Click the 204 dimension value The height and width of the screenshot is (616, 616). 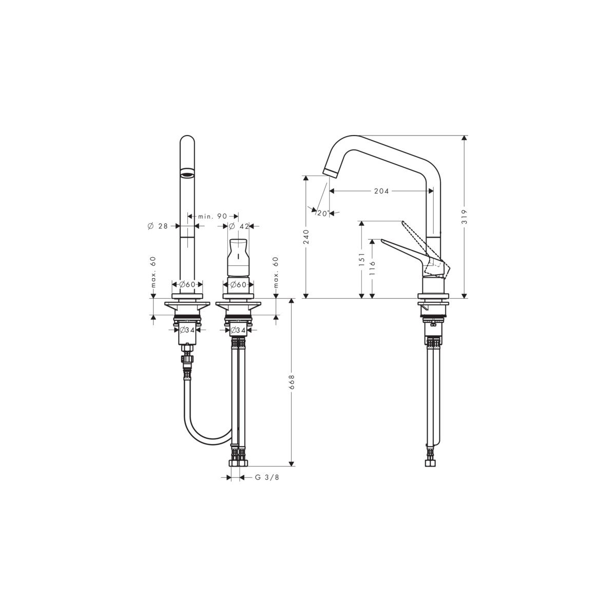coord(381,191)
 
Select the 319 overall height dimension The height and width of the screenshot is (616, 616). coord(464,217)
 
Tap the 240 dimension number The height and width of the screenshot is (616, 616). coord(306,236)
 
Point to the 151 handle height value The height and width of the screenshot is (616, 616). coord(361,259)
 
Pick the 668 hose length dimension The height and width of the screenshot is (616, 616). coord(292,382)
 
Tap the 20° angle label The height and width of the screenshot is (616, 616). coord(323,213)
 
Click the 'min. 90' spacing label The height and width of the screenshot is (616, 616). coord(213,217)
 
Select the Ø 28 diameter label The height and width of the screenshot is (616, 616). coord(158,226)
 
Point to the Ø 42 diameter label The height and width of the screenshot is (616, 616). coord(239,226)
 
